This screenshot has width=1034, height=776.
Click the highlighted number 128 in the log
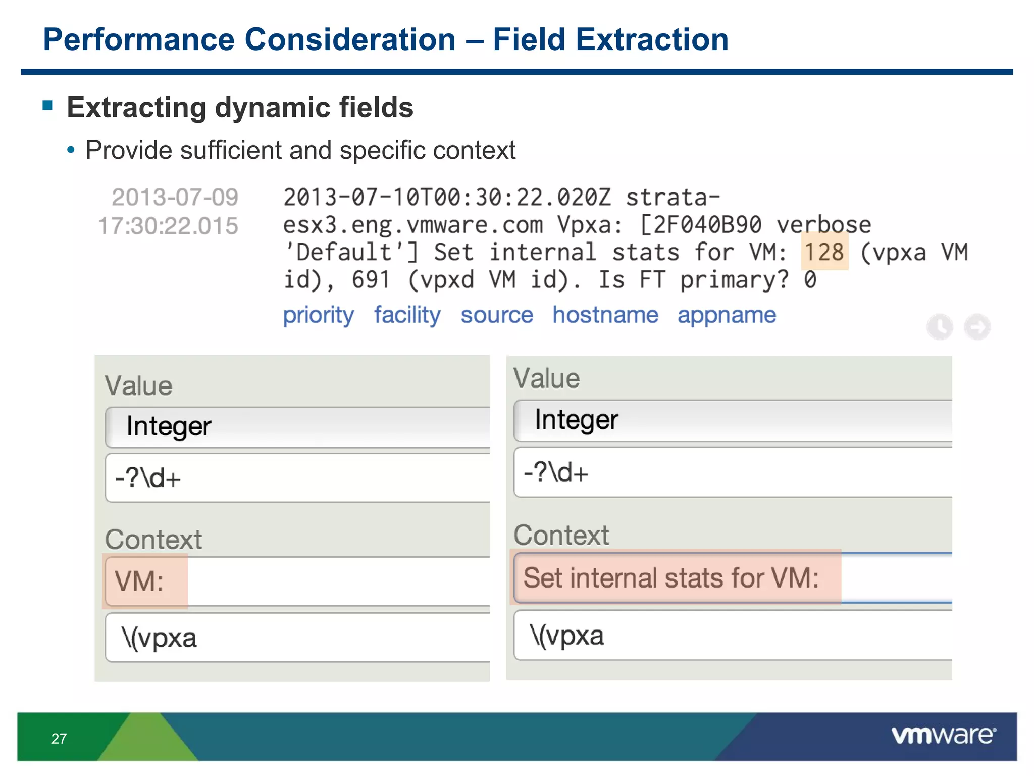pos(824,252)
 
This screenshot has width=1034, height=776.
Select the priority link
pos(318,315)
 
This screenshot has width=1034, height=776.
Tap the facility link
pos(407,315)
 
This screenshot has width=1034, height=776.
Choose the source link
pos(497,315)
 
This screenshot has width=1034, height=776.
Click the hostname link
pos(605,315)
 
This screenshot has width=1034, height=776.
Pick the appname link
pos(727,315)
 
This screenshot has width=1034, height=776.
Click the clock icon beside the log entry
pos(940,327)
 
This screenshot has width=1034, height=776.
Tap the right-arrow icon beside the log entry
pos(977,327)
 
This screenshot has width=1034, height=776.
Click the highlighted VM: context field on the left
pos(145,581)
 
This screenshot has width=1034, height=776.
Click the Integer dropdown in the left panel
pos(298,427)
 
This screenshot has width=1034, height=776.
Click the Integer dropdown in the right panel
pos(732,420)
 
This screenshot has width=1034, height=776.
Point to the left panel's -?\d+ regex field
pos(298,478)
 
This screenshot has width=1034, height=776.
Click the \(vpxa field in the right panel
pos(732,636)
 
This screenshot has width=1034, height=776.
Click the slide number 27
pos(59,739)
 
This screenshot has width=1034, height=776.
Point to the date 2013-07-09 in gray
pos(175,198)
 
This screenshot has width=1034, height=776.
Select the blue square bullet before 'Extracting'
pos(48,105)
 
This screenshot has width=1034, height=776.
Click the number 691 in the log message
pos(371,280)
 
